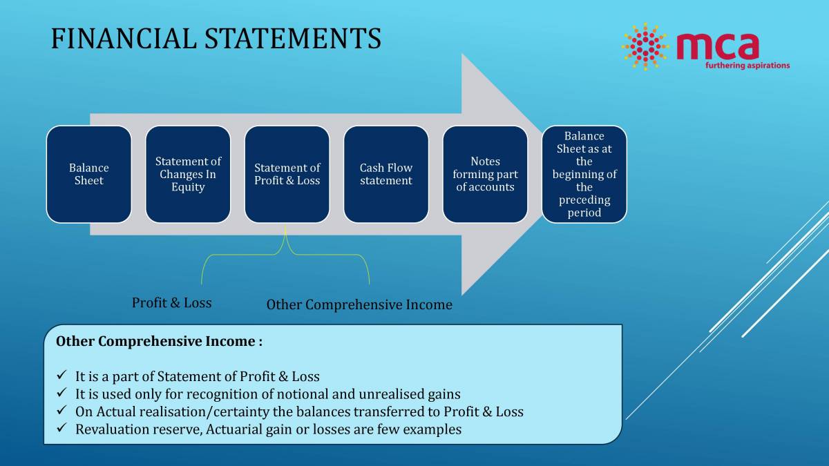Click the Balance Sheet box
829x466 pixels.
click(x=88, y=174)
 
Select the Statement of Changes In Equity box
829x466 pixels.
click(x=188, y=174)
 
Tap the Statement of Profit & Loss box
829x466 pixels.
click(x=287, y=174)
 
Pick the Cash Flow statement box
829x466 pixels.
click(x=385, y=174)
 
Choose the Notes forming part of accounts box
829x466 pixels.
click(x=485, y=174)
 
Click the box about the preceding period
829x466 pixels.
click(x=584, y=174)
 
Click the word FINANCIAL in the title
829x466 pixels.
click(x=124, y=39)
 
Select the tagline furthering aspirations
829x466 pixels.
click(x=747, y=66)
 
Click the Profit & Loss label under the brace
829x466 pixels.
click(x=171, y=302)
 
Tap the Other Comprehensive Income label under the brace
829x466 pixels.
click(x=359, y=304)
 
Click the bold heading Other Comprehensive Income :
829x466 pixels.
click(x=159, y=341)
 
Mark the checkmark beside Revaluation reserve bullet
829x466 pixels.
click(x=61, y=429)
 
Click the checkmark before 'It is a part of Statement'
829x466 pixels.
click(x=61, y=376)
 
